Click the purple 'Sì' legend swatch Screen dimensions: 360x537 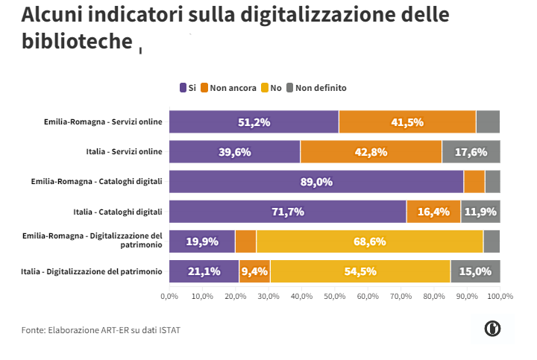click(x=183, y=88)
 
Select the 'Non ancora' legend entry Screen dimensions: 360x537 click(x=233, y=88)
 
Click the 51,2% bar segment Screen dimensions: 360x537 click(x=254, y=121)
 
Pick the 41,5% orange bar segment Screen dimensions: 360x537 click(x=407, y=121)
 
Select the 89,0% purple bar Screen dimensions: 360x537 click(x=316, y=181)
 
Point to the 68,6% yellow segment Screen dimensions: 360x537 click(x=369, y=241)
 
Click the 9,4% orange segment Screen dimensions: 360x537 click(x=254, y=271)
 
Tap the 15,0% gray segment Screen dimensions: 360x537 click(x=475, y=271)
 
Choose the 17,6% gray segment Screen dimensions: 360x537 click(x=471, y=151)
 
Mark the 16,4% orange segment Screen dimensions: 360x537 click(x=433, y=212)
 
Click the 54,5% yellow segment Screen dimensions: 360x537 click(x=360, y=271)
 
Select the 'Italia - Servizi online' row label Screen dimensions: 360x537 click(x=124, y=151)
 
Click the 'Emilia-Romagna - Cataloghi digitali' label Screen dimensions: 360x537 click(x=97, y=181)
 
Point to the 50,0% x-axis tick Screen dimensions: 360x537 click(x=334, y=296)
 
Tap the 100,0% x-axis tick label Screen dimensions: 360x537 click(x=500, y=296)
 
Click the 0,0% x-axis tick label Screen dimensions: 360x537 click(x=169, y=296)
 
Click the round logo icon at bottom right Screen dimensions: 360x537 click(x=492, y=328)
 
